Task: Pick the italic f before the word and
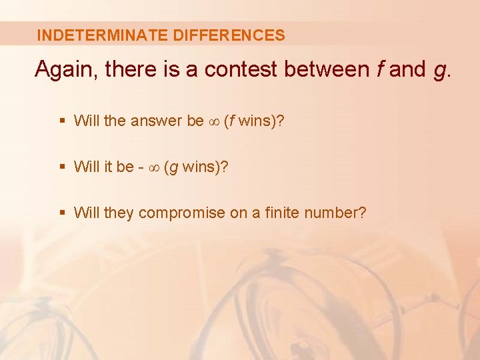click(x=379, y=69)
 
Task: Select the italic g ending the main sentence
click(x=439, y=71)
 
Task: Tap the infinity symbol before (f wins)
click(x=214, y=121)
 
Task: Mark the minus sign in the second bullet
click(x=139, y=167)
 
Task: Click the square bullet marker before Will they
click(x=62, y=213)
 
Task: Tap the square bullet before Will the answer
click(x=62, y=121)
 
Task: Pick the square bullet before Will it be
click(x=62, y=167)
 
